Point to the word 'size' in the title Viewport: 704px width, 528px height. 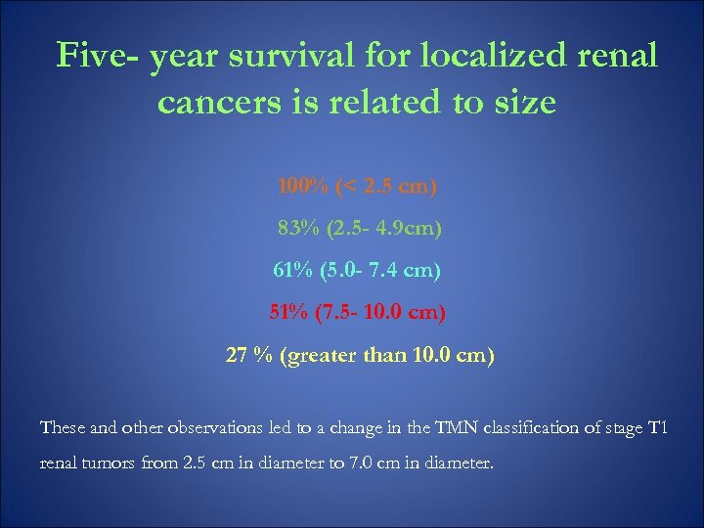[x=523, y=103]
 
